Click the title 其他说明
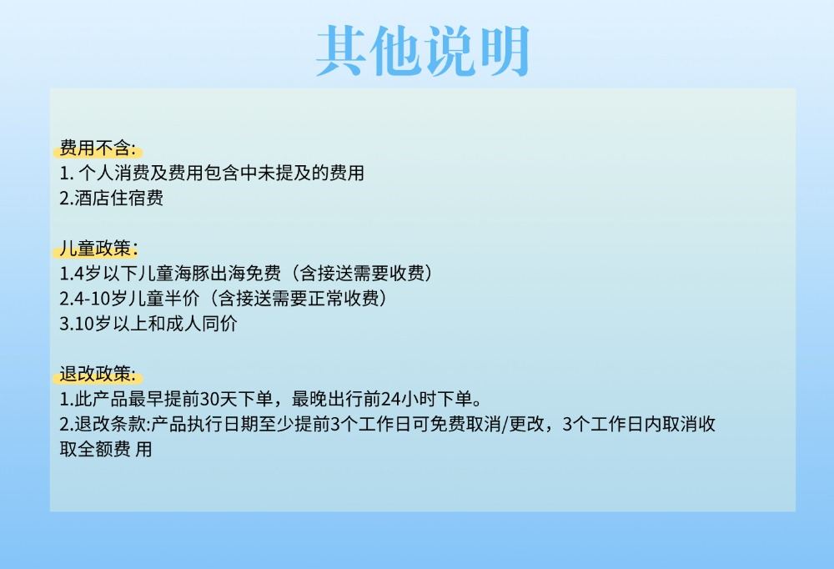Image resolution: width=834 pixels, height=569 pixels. (x=423, y=51)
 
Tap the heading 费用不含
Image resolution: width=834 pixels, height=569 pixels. (x=98, y=148)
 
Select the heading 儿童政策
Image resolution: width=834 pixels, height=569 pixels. (x=98, y=249)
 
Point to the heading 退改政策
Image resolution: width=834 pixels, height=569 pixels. (x=98, y=374)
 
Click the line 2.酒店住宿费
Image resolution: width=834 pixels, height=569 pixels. (x=111, y=198)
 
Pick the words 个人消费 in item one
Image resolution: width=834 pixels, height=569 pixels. (x=113, y=173)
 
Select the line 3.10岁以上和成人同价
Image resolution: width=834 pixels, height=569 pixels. (x=148, y=324)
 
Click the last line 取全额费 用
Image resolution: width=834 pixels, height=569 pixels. (x=106, y=449)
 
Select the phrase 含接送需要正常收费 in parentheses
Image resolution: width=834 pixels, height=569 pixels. (x=299, y=299)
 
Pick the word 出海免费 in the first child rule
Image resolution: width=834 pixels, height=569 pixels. (x=246, y=274)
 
